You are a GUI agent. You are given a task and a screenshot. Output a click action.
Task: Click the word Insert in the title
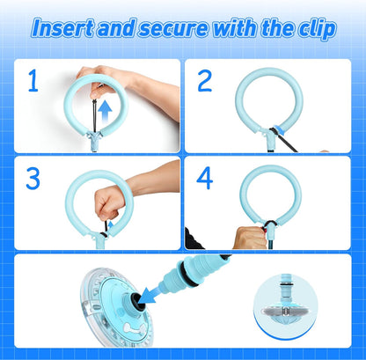[x=62, y=28]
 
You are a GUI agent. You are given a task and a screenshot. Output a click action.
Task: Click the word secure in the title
[x=180, y=28]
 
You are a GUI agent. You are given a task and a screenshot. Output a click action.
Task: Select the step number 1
[x=33, y=82]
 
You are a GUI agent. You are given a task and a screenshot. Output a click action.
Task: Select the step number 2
[x=205, y=82]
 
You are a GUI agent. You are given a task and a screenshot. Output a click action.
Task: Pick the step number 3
[x=33, y=179]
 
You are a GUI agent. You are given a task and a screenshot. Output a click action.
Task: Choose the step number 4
[x=205, y=179]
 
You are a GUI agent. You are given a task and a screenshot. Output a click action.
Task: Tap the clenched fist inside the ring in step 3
[x=110, y=204]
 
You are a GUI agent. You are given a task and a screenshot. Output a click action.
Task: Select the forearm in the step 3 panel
[x=154, y=180]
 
